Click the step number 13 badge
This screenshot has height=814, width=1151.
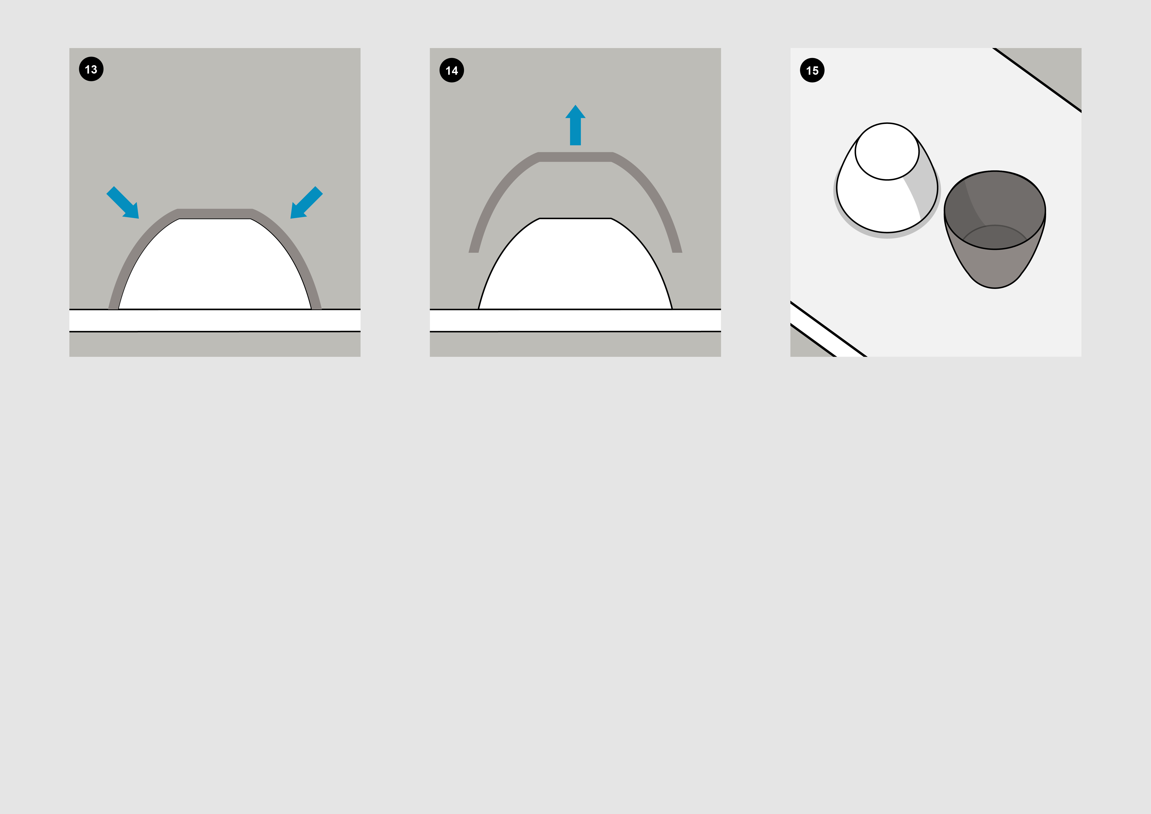[x=91, y=69]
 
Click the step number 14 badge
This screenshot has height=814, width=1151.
[x=452, y=70]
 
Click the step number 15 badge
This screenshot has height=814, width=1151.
[x=812, y=70]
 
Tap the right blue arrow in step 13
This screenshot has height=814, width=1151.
[x=306, y=203]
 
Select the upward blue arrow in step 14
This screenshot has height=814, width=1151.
[x=575, y=125]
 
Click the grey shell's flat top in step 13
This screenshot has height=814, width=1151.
[x=215, y=213]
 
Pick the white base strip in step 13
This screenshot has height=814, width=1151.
[x=215, y=320]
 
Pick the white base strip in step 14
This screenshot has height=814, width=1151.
[x=575, y=320]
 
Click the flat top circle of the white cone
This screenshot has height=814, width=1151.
[x=887, y=151]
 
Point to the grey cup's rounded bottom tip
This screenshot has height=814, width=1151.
[x=995, y=287]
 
